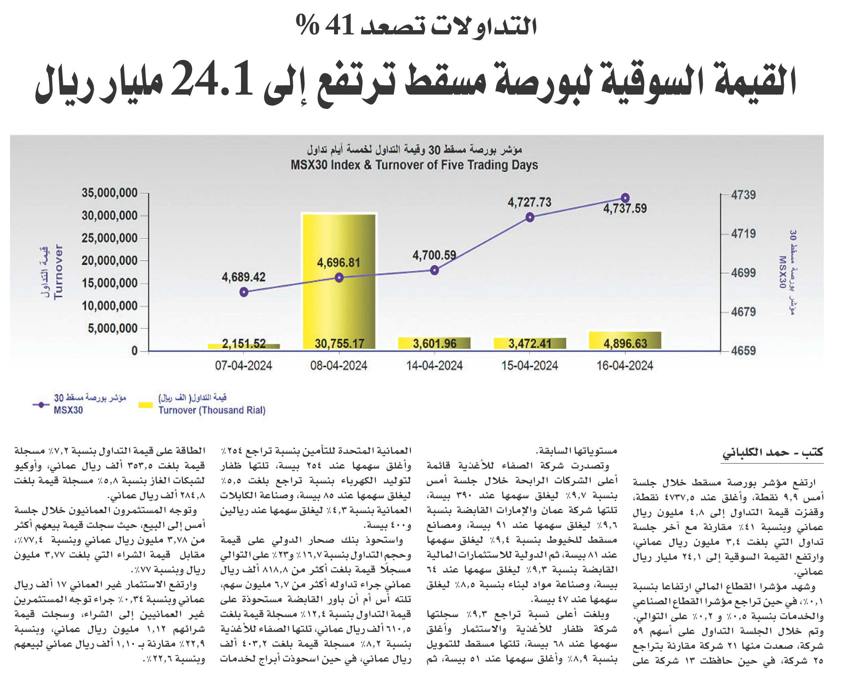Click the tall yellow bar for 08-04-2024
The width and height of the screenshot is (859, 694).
coord(339,281)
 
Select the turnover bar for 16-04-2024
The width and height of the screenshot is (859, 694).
coord(625,340)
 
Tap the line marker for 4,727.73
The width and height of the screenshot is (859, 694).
coord(530,217)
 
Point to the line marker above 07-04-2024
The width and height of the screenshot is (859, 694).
coord(243,292)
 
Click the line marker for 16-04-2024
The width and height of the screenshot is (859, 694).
coord(625,198)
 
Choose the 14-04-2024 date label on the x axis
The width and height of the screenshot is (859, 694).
coord(434,365)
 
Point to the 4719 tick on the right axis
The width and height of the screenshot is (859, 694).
coord(743,233)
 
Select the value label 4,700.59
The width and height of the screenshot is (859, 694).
coord(434,255)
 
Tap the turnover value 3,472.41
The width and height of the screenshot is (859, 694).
coord(530,344)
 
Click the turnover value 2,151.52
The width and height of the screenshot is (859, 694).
coord(243,344)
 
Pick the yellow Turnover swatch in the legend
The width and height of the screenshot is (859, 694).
coord(145,405)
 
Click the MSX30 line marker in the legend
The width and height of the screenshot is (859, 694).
coord(41,405)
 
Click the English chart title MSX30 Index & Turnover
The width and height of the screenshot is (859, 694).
coord(414,165)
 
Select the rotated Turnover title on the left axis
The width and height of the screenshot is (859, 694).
coord(58,271)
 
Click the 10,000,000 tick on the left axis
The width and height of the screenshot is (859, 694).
coord(109,306)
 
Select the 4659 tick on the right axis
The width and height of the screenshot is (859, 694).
coord(743,350)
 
